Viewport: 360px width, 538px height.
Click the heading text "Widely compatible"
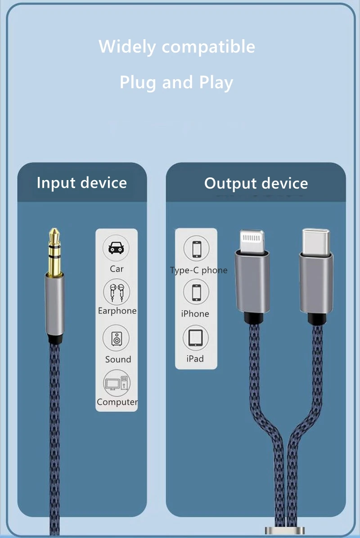(x=176, y=47)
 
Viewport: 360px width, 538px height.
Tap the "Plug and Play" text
(x=176, y=83)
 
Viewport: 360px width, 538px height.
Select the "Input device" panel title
(x=81, y=183)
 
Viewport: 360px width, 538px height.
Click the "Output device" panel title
(x=256, y=184)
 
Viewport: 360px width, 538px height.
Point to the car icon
(x=117, y=248)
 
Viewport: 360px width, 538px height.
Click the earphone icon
(x=117, y=292)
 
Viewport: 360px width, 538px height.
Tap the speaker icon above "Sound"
(x=117, y=339)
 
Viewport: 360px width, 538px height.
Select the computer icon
(x=117, y=383)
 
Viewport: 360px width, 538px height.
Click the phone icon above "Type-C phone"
(x=197, y=249)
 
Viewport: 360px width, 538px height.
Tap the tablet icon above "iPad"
(x=196, y=338)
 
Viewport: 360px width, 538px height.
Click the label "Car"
(x=117, y=269)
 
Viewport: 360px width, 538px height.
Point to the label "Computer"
(x=117, y=402)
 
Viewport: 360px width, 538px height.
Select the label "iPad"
(x=195, y=359)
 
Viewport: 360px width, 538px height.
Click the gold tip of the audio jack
(x=54, y=252)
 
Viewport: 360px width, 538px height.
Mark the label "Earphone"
(x=117, y=311)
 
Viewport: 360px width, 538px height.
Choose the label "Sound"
(x=118, y=359)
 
